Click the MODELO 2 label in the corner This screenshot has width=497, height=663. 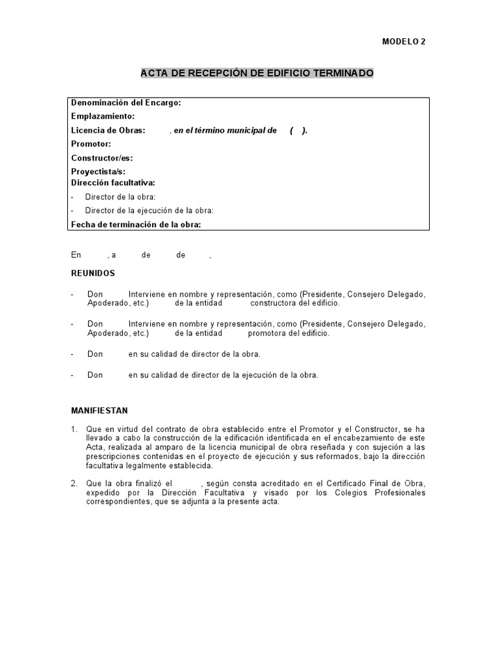404,41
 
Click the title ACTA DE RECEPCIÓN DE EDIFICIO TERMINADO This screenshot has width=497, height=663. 257,73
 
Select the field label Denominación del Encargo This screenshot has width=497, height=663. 126,103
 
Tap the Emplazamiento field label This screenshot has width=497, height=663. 103,117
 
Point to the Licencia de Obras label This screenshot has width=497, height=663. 108,130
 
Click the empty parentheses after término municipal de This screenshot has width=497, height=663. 298,130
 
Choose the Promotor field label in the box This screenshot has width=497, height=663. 91,144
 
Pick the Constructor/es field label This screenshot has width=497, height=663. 102,157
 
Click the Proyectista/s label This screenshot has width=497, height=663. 98,172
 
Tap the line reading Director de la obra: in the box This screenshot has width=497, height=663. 120,197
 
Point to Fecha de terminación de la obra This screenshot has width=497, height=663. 136,225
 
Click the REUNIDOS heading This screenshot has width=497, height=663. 93,274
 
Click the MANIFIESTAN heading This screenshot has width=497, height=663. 99,410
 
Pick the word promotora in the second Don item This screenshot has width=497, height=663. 267,333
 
